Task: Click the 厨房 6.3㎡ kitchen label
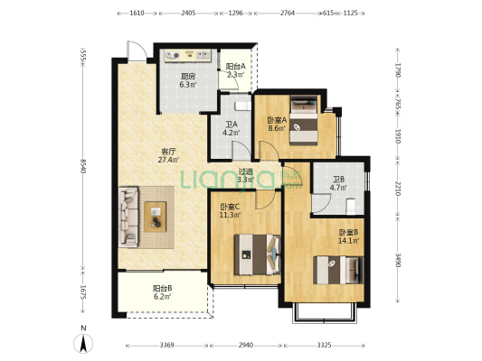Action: coord(188,80)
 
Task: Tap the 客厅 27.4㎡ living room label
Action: coord(168,155)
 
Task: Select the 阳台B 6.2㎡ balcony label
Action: coord(162,292)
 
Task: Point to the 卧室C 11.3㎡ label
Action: coord(230,210)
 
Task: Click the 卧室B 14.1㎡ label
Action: coord(348,236)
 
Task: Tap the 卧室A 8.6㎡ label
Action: coord(277,124)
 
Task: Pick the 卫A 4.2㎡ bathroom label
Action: coord(232,128)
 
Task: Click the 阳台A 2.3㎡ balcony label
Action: coord(235,70)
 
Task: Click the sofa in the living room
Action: coord(128,218)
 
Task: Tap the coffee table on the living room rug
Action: coord(156,217)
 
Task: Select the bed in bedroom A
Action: coord(304,121)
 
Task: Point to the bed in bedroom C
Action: coord(258,255)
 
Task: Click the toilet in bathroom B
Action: coord(351,207)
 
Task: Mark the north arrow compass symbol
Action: coord(83,343)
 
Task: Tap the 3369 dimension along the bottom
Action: coord(167,346)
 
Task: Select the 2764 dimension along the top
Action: coord(288,13)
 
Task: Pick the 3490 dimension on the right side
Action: coord(398,260)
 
